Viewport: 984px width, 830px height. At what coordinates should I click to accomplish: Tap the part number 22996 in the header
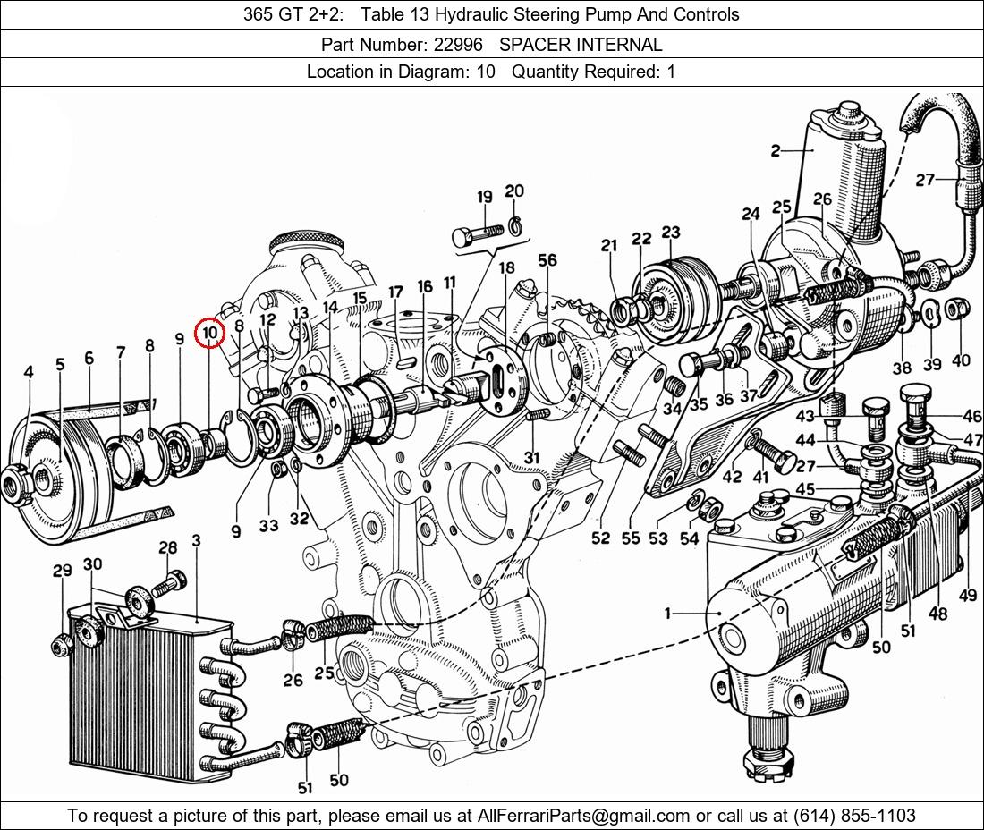point(458,45)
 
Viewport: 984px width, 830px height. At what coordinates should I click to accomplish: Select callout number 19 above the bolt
point(485,197)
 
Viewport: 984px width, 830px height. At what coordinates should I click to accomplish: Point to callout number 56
point(547,259)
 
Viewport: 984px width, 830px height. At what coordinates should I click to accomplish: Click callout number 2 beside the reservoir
point(776,150)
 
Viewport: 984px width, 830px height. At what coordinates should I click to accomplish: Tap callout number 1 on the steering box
point(667,613)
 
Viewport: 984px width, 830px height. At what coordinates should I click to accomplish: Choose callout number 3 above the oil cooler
point(197,541)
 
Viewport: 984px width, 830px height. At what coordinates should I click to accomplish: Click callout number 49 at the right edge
point(968,596)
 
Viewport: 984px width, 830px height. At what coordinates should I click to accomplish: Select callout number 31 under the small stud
point(530,458)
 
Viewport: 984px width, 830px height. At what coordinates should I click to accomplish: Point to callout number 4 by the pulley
point(29,372)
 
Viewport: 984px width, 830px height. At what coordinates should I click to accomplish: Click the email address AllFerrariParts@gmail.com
point(583,816)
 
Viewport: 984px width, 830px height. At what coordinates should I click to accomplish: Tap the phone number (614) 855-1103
point(854,816)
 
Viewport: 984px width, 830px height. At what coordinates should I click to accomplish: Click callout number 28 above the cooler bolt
point(167,547)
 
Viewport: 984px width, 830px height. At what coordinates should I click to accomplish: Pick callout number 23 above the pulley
point(670,233)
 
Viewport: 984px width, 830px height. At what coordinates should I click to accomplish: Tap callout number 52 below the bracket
point(600,538)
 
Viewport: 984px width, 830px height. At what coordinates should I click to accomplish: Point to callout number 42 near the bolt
point(732,477)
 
